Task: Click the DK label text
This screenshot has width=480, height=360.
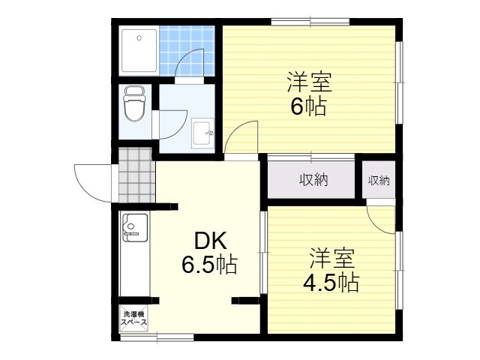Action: click(210, 241)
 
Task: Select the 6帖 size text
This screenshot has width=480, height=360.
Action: click(308, 106)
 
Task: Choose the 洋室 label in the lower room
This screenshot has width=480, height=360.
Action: click(331, 258)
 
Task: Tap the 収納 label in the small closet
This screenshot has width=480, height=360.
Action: click(379, 180)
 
